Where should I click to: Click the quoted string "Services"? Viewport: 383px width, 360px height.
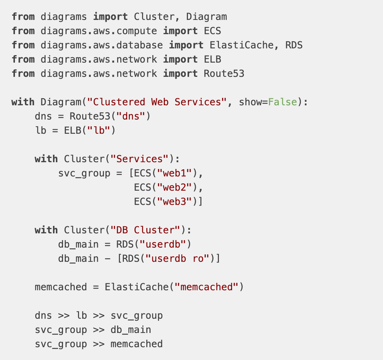140,159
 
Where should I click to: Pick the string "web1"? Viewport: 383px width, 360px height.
175,173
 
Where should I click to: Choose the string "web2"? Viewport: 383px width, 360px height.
175,188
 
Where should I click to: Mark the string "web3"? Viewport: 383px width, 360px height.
175,202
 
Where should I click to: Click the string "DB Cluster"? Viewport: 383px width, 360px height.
146,230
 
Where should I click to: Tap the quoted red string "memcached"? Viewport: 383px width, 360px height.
207,287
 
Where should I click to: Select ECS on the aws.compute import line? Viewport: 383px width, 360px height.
212,31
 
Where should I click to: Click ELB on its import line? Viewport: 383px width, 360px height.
212,59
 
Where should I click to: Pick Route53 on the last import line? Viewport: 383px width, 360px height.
224,74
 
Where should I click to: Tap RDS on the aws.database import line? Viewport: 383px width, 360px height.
294,45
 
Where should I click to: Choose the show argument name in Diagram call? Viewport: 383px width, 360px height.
250,102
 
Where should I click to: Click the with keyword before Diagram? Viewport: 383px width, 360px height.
23,102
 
